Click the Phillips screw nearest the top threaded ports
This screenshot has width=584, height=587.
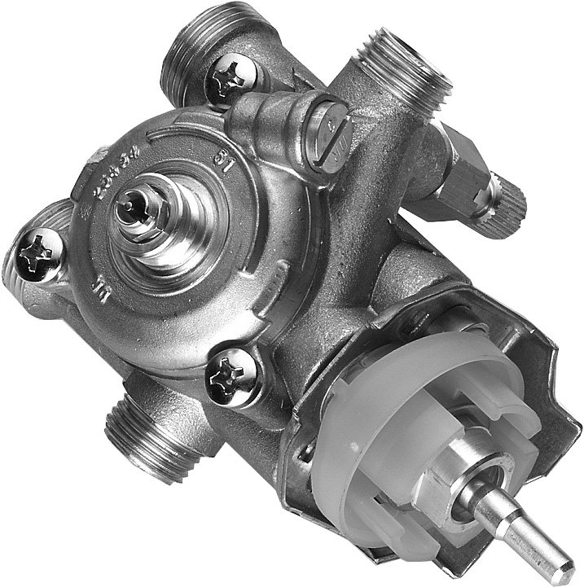pos(234,77)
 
